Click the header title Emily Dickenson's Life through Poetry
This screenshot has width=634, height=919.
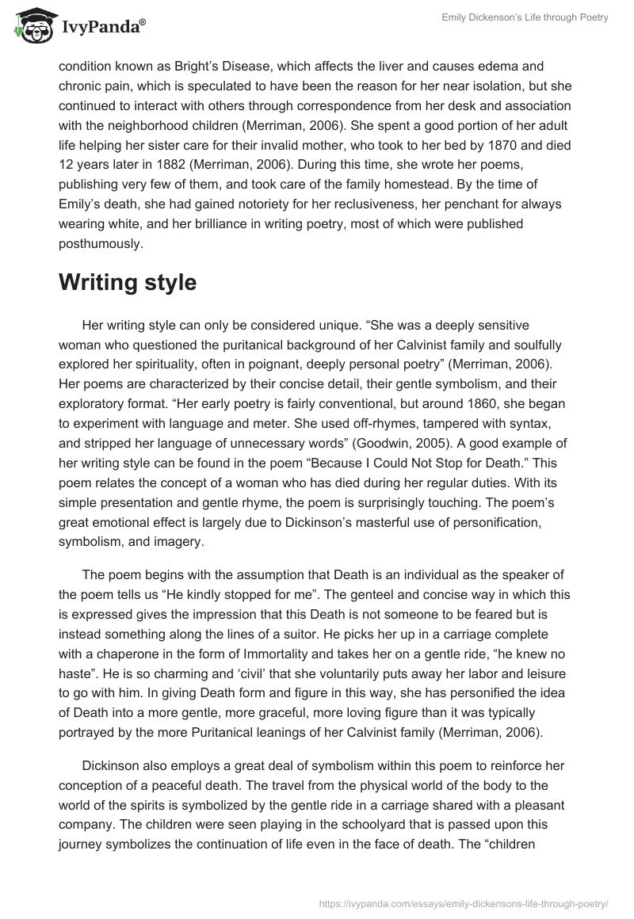pyautogui.click(x=525, y=18)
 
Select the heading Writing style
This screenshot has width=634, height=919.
pyautogui.click(x=128, y=283)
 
